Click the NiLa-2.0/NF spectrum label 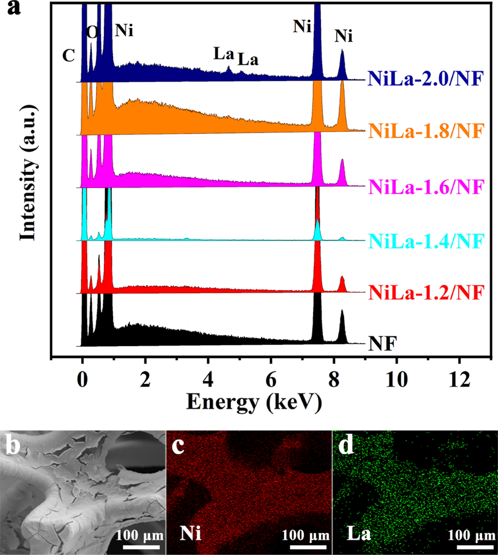[426, 78]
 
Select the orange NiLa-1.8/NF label [426, 131]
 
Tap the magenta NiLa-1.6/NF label [426, 187]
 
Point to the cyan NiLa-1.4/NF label [426, 241]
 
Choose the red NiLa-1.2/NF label [426, 293]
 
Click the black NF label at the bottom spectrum [382, 344]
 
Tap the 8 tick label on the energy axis [334, 380]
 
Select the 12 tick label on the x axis [459, 380]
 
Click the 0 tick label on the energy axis [83, 380]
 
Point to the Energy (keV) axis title [254, 402]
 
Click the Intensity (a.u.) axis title [28, 172]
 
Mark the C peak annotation [68, 56]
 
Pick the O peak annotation [92, 32]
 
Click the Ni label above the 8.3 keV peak [344, 37]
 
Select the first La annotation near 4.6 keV [224, 54]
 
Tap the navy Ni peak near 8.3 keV [342, 64]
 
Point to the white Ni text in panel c [190, 533]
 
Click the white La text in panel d [359, 533]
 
